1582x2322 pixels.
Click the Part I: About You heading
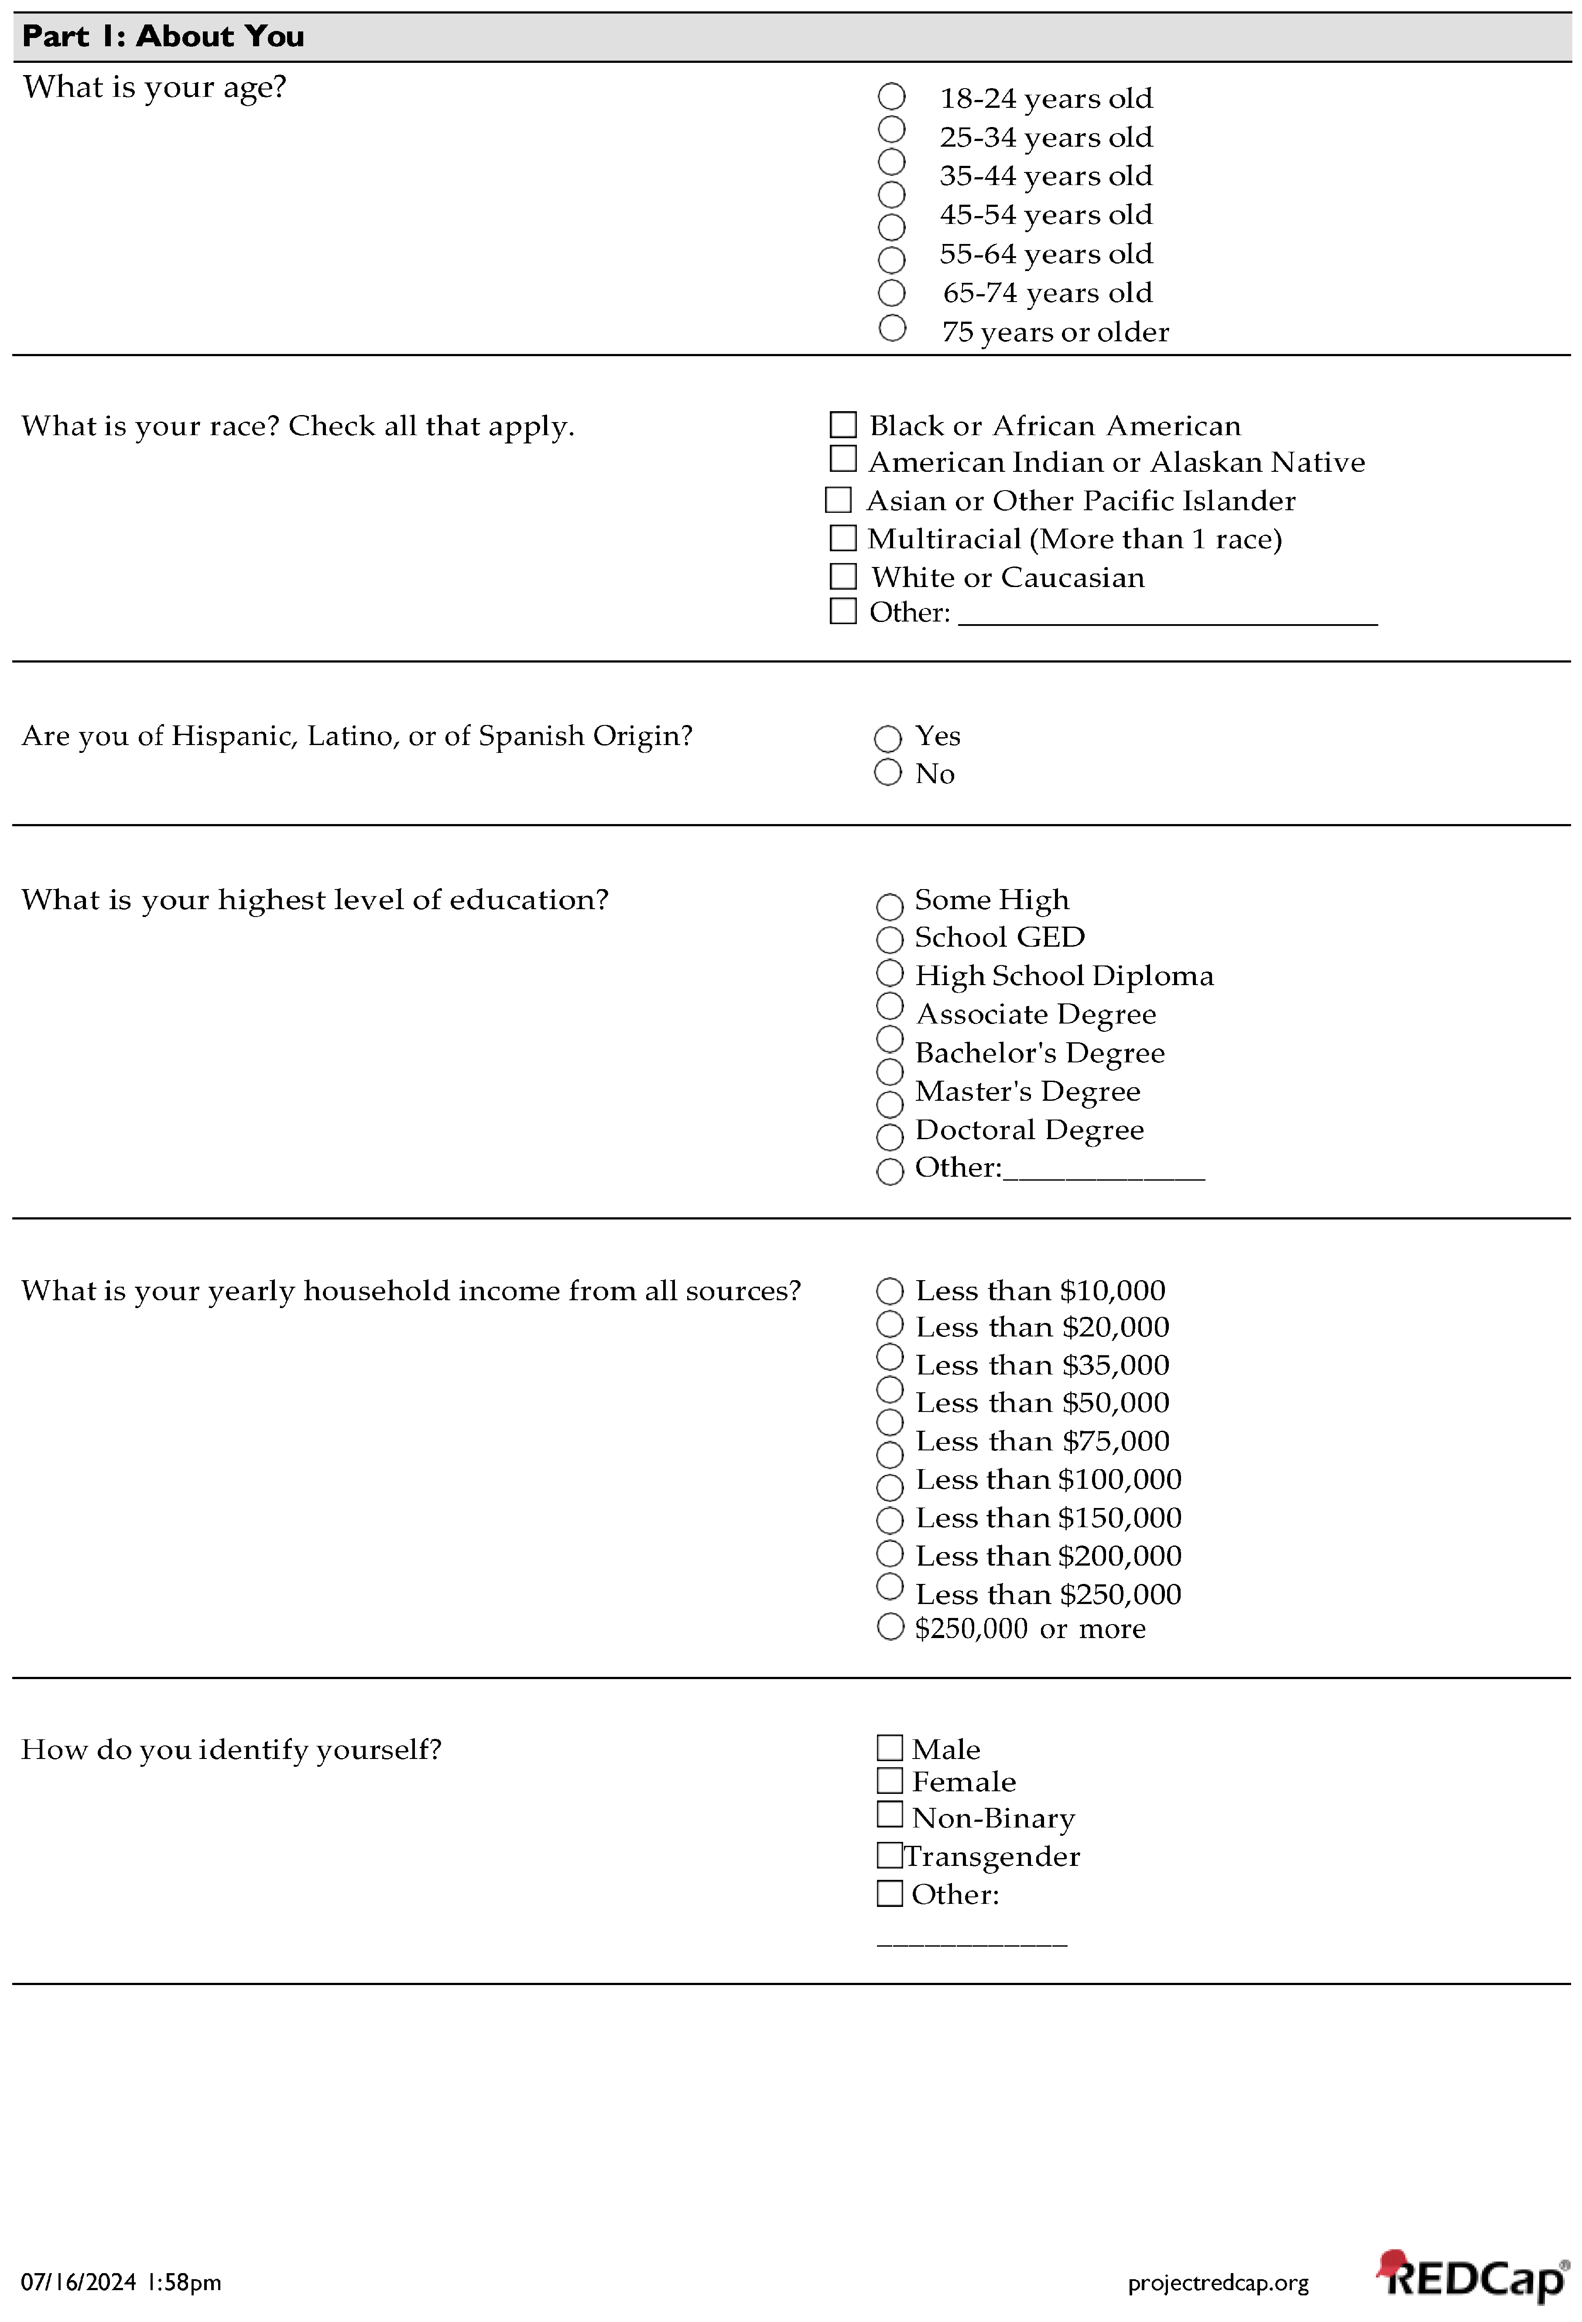click(x=163, y=37)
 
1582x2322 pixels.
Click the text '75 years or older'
click(x=1055, y=332)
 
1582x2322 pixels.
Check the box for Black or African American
click(x=843, y=425)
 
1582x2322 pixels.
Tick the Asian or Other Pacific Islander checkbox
click(x=838, y=500)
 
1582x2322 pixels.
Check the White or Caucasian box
click(x=843, y=577)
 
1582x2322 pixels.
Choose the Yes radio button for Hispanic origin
click(x=887, y=739)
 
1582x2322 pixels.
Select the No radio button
click(x=887, y=773)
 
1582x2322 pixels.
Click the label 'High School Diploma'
click(x=1064, y=975)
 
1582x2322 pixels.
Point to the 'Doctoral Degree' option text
click(x=1029, y=1130)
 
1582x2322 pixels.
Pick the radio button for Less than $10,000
click(x=889, y=1291)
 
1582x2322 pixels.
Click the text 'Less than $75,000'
click(x=1042, y=1441)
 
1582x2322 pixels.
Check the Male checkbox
click(x=889, y=1748)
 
